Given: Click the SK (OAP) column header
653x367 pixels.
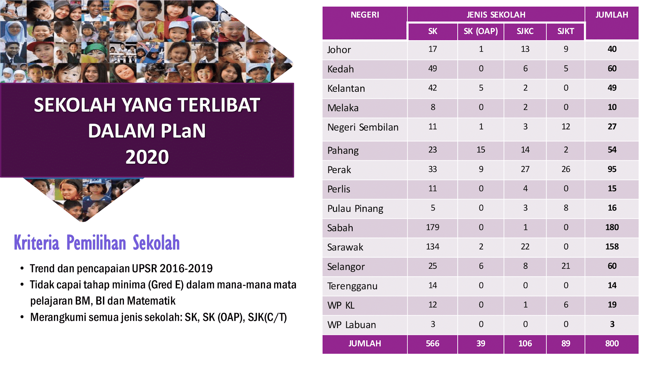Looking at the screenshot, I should tap(481, 31).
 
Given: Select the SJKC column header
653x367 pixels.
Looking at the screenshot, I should tap(525, 31).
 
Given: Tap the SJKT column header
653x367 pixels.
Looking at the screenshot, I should tap(566, 31).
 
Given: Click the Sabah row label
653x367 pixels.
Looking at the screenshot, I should tap(340, 228).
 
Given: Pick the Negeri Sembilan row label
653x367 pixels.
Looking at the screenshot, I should tap(363, 127).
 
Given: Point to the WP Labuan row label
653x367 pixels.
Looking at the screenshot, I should tap(351, 325).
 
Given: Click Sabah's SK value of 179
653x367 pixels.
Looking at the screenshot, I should tap(432, 227).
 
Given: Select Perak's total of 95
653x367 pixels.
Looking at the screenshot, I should tap(612, 169).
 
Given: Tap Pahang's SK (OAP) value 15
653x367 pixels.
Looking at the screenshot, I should tap(481, 150).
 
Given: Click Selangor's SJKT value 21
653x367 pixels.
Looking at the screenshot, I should tap(566, 266).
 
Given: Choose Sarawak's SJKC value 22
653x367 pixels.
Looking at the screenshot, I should tap(525, 247).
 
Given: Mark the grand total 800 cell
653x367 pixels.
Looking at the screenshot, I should tap(612, 343).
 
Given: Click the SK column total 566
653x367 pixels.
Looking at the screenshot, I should tap(432, 343).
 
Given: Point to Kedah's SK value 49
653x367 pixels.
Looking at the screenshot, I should tap(432, 68).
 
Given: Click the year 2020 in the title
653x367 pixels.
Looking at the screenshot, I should tap(147, 157).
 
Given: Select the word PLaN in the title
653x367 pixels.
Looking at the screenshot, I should tap(183, 131).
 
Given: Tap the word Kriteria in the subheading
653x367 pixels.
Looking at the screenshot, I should tap(37, 243).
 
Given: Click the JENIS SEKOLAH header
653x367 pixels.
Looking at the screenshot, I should tap(496, 15).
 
